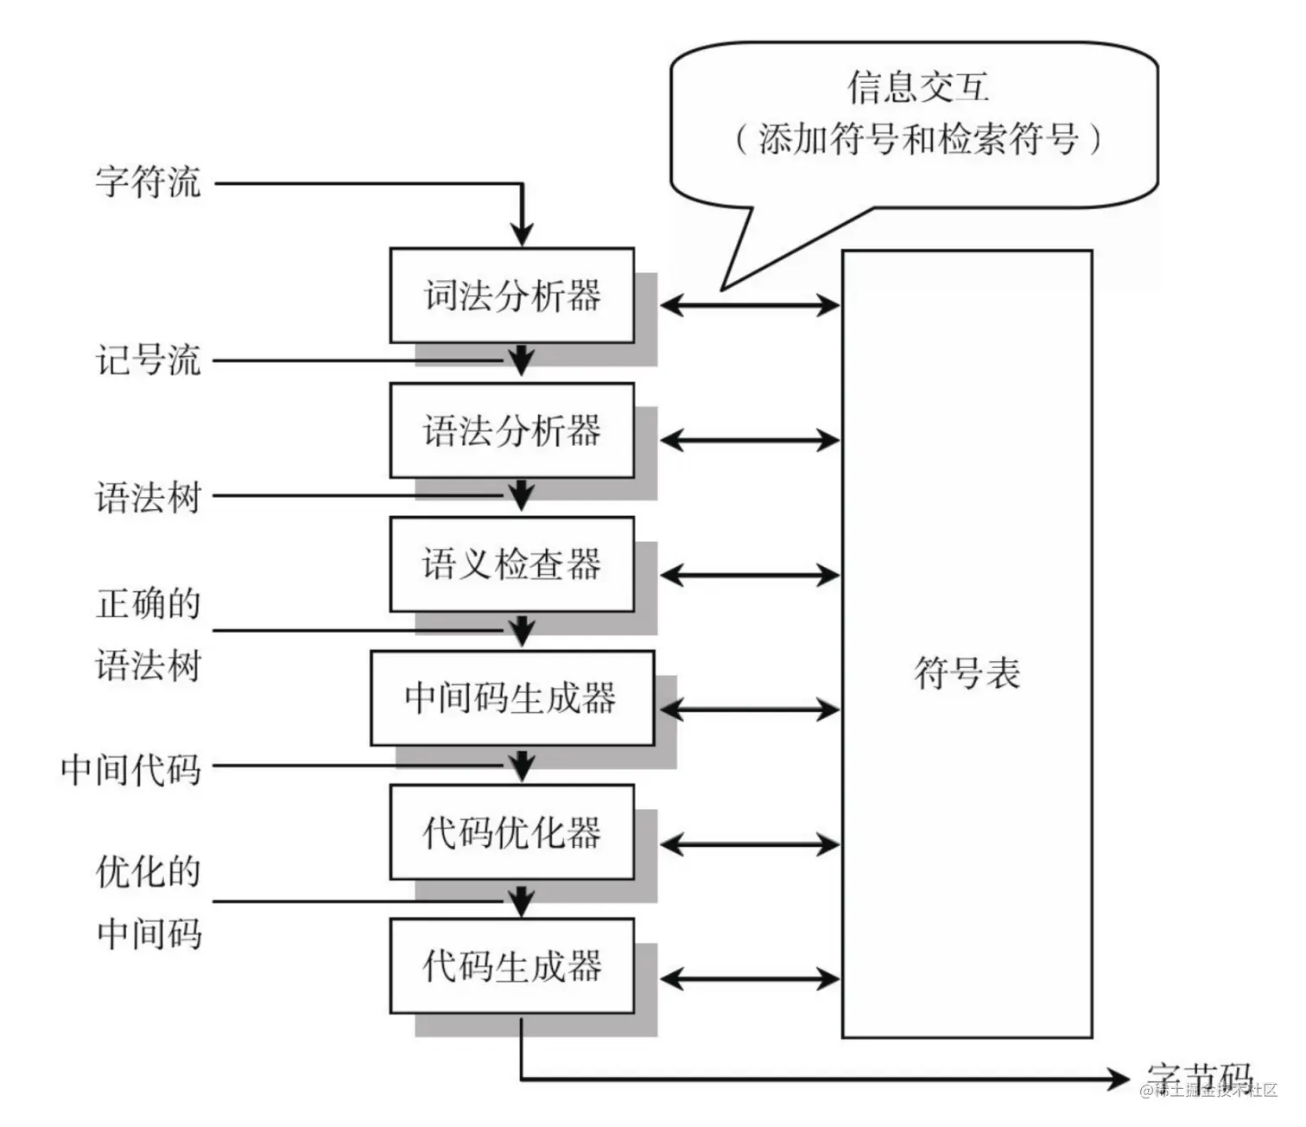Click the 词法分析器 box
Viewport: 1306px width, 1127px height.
[511, 296]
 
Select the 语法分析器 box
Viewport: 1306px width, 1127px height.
[511, 430]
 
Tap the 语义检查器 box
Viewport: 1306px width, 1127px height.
[511, 564]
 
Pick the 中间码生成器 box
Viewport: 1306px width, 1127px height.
[511, 698]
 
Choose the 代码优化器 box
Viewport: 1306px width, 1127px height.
[511, 832]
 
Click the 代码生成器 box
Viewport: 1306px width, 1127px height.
[511, 965]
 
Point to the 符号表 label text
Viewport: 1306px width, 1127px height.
[967, 673]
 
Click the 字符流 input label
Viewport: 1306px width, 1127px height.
[148, 182]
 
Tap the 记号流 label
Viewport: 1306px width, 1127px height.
[148, 360]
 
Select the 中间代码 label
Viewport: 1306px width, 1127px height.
[130, 768]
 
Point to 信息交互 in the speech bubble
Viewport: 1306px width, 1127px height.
[917, 87]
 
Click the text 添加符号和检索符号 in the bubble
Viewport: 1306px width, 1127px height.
[917, 139]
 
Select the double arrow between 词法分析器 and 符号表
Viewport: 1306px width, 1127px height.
[749, 304]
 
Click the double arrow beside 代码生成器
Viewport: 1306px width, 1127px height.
[749, 978]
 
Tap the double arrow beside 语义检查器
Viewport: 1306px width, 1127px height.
[749, 575]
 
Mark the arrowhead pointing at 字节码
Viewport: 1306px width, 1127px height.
[1118, 1079]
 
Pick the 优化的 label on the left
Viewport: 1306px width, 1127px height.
[148, 871]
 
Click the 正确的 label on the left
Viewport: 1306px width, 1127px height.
[148, 603]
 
